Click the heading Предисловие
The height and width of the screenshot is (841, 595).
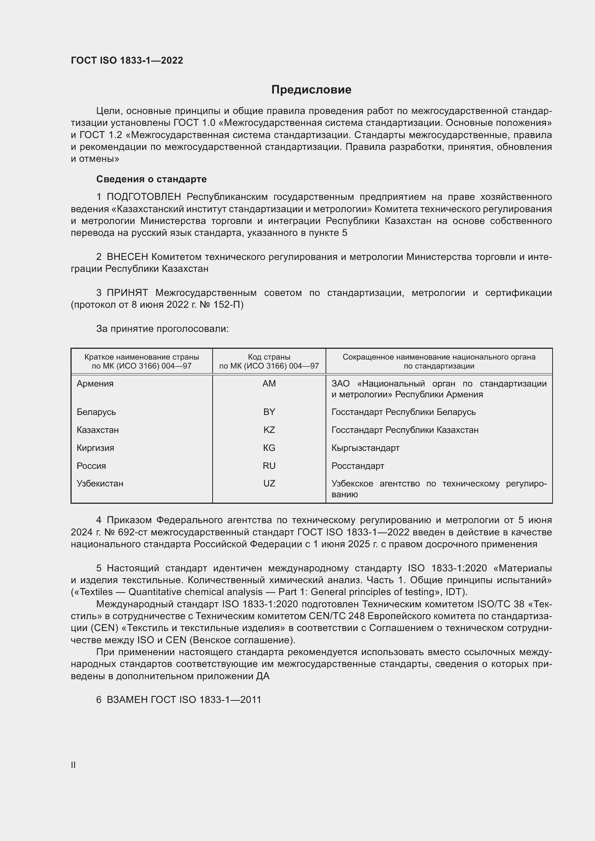(x=311, y=90)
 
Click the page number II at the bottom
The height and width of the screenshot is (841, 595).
(x=73, y=765)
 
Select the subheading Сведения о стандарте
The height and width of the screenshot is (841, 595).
(x=151, y=179)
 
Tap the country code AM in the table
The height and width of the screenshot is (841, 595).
(x=269, y=384)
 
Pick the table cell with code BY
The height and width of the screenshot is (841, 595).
(x=269, y=412)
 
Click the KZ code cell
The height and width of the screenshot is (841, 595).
(x=269, y=430)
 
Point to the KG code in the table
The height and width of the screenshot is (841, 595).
(x=269, y=448)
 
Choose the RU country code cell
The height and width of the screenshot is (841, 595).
(x=269, y=466)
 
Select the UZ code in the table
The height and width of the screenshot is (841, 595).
(x=269, y=484)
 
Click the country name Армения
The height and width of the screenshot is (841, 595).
(x=95, y=384)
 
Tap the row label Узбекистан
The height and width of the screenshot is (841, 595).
(x=100, y=484)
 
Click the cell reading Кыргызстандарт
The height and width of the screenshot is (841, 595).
(x=365, y=448)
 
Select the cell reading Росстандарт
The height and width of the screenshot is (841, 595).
(x=358, y=466)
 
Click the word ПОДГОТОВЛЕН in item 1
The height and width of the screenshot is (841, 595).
(x=144, y=197)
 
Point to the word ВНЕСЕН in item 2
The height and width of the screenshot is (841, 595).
(x=127, y=257)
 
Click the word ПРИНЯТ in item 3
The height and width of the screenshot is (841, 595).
(x=127, y=293)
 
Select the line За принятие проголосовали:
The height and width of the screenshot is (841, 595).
(x=162, y=329)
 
